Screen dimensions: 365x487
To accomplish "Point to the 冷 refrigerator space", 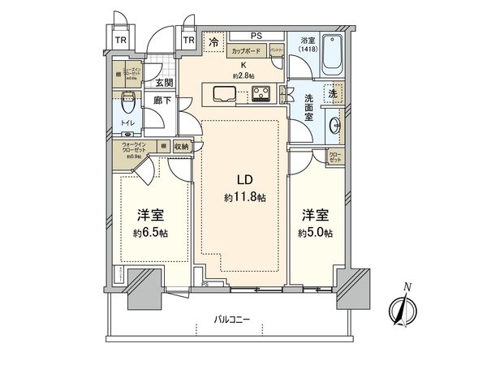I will point(213,42).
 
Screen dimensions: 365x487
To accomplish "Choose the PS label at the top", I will point(255,35).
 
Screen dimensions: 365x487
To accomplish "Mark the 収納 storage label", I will point(180,147).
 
